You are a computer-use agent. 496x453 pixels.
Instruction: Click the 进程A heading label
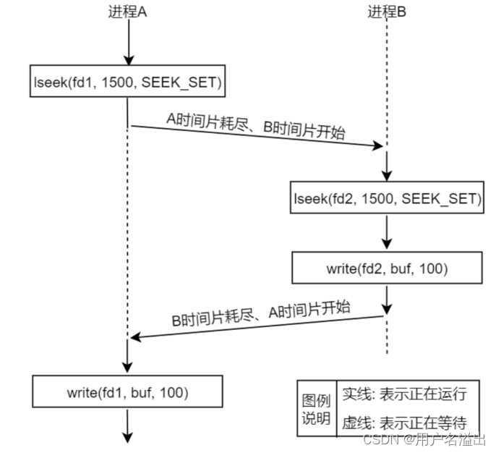click(x=127, y=12)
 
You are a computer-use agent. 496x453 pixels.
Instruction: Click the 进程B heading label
click(x=387, y=12)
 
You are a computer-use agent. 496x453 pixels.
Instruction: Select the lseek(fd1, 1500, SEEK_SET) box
click(x=127, y=81)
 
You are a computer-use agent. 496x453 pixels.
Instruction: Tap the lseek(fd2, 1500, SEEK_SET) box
click(x=387, y=198)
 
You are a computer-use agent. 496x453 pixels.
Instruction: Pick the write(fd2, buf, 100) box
click(x=387, y=268)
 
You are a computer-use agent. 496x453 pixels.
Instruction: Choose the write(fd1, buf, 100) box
click(x=127, y=391)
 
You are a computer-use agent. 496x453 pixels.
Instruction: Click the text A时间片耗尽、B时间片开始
click(x=256, y=126)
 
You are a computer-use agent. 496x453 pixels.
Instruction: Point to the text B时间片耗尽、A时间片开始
click(x=261, y=313)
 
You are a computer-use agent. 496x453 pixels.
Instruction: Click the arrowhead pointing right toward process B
click(x=377, y=145)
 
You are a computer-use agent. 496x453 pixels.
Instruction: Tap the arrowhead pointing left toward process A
click(x=136, y=337)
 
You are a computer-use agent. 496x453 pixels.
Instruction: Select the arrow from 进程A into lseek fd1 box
click(x=129, y=42)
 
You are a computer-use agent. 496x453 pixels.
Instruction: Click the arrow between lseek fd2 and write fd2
click(x=387, y=233)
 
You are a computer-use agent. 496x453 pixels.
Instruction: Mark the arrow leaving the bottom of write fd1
click(x=127, y=426)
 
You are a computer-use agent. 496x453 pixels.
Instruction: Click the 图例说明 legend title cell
click(x=317, y=409)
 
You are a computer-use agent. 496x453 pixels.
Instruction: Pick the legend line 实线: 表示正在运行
click(x=404, y=394)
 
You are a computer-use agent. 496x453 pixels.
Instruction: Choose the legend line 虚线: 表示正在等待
click(x=404, y=423)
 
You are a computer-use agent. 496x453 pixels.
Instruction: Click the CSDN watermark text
click(x=424, y=439)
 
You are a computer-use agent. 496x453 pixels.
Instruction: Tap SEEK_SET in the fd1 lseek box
click(x=181, y=82)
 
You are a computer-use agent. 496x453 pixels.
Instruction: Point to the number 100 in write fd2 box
click(x=432, y=268)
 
